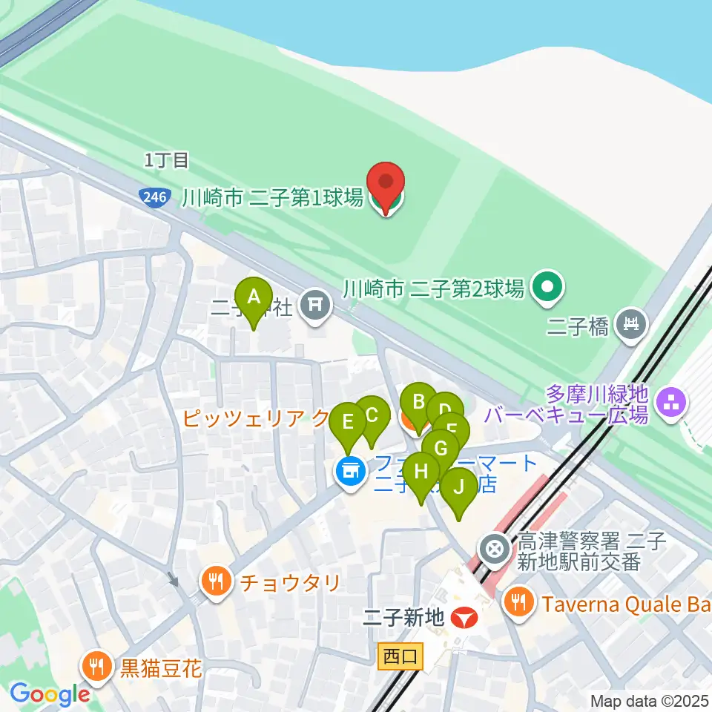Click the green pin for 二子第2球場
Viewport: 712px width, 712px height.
click(547, 287)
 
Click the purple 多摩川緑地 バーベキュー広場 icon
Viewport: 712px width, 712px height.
click(672, 404)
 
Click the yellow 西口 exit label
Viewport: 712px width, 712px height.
click(400, 656)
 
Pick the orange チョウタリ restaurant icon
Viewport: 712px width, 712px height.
click(216, 581)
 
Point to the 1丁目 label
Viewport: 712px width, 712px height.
click(168, 159)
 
